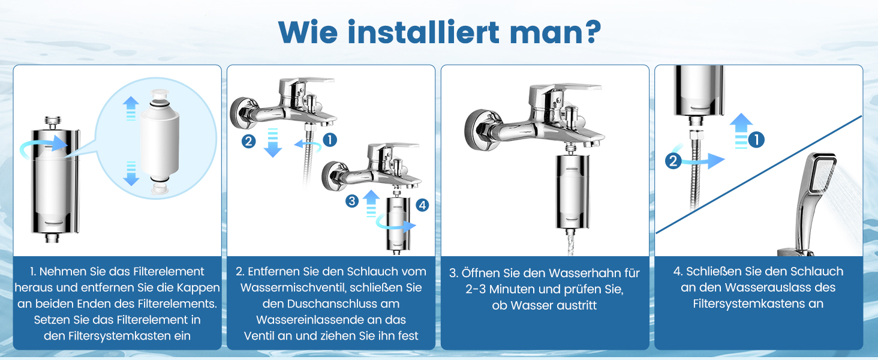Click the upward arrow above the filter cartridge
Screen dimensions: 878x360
(x=131, y=108)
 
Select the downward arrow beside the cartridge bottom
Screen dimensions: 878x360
(x=131, y=173)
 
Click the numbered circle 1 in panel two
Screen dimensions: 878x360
(x=330, y=140)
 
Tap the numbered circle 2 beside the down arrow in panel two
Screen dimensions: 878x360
(x=248, y=141)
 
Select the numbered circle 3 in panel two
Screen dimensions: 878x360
(x=351, y=201)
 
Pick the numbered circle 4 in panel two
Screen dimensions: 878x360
(x=422, y=205)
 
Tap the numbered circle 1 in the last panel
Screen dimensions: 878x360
(x=756, y=140)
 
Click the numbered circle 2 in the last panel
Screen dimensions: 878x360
(x=673, y=161)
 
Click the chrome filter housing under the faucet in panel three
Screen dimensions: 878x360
(x=573, y=191)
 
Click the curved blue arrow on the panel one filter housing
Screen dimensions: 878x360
(x=43, y=146)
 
